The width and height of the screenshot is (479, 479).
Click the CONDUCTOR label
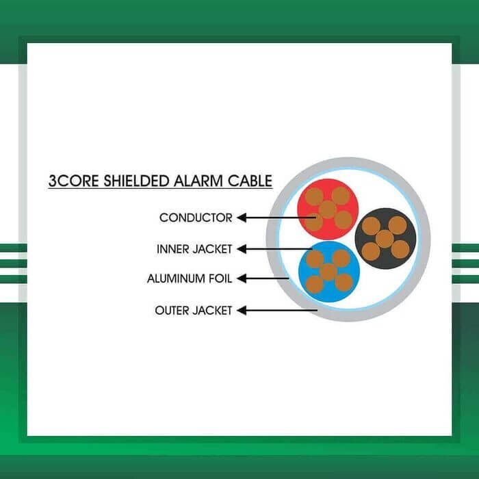196,218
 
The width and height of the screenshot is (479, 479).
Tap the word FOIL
222,279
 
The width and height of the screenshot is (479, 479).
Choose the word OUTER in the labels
172,311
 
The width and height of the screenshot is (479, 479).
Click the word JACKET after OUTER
213,311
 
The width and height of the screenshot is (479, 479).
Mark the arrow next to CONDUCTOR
274,218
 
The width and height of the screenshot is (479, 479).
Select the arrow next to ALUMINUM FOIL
263,279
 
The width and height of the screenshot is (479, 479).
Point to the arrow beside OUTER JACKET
277,311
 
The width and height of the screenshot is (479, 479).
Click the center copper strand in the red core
328,209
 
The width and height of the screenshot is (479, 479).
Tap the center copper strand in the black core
385,238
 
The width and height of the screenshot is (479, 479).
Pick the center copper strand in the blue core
328,272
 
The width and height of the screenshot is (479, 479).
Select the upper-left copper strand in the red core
315,197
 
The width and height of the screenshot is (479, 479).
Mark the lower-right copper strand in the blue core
344,283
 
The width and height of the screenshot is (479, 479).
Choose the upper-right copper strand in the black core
398,225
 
